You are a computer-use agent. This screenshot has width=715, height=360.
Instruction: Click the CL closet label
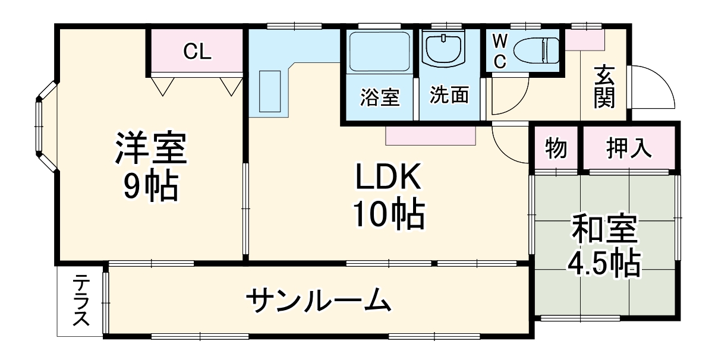click(x=197, y=52)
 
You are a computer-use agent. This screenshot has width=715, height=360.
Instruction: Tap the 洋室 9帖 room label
click(x=150, y=167)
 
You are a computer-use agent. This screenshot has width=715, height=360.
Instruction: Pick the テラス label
click(x=80, y=301)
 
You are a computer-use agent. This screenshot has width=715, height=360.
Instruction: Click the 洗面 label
click(x=449, y=95)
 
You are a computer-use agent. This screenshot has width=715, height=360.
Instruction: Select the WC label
click(x=500, y=51)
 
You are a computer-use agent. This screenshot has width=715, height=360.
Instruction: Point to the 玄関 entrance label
click(x=604, y=86)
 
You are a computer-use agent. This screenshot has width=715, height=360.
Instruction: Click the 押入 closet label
click(x=629, y=147)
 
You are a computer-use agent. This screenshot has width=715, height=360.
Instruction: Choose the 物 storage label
click(x=556, y=147)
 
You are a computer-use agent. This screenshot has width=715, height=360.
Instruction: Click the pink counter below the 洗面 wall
click(x=430, y=135)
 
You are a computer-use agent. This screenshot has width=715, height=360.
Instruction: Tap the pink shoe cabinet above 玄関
click(x=584, y=40)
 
